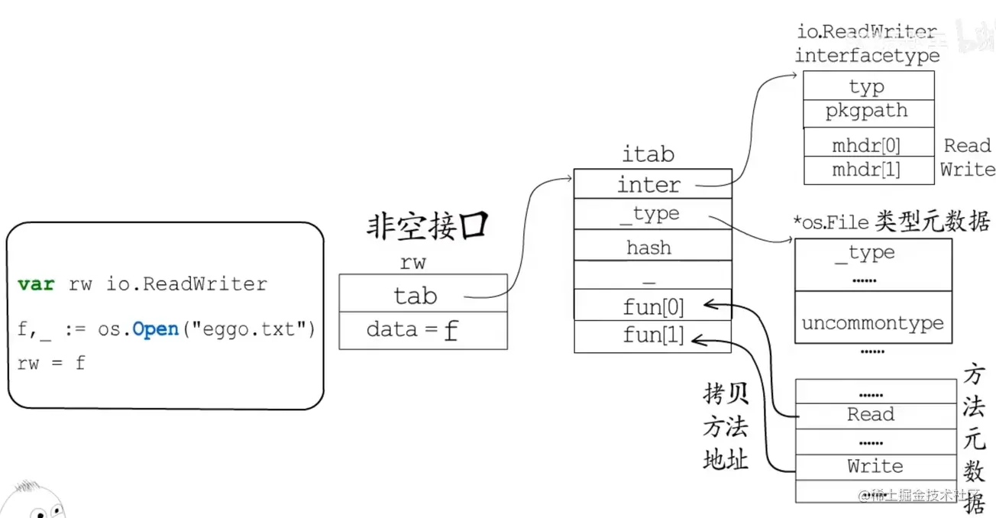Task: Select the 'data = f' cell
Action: click(x=422, y=330)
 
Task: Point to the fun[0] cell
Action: click(x=653, y=307)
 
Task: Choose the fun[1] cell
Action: click(x=653, y=336)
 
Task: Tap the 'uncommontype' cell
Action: click(x=872, y=323)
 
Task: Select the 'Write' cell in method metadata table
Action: click(x=875, y=466)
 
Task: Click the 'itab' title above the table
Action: click(x=648, y=154)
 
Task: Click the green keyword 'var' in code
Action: click(x=36, y=284)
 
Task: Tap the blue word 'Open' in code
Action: click(x=155, y=329)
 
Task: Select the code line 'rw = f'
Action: click(x=51, y=363)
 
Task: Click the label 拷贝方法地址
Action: click(x=725, y=427)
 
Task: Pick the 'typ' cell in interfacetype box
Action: click(x=867, y=86)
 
